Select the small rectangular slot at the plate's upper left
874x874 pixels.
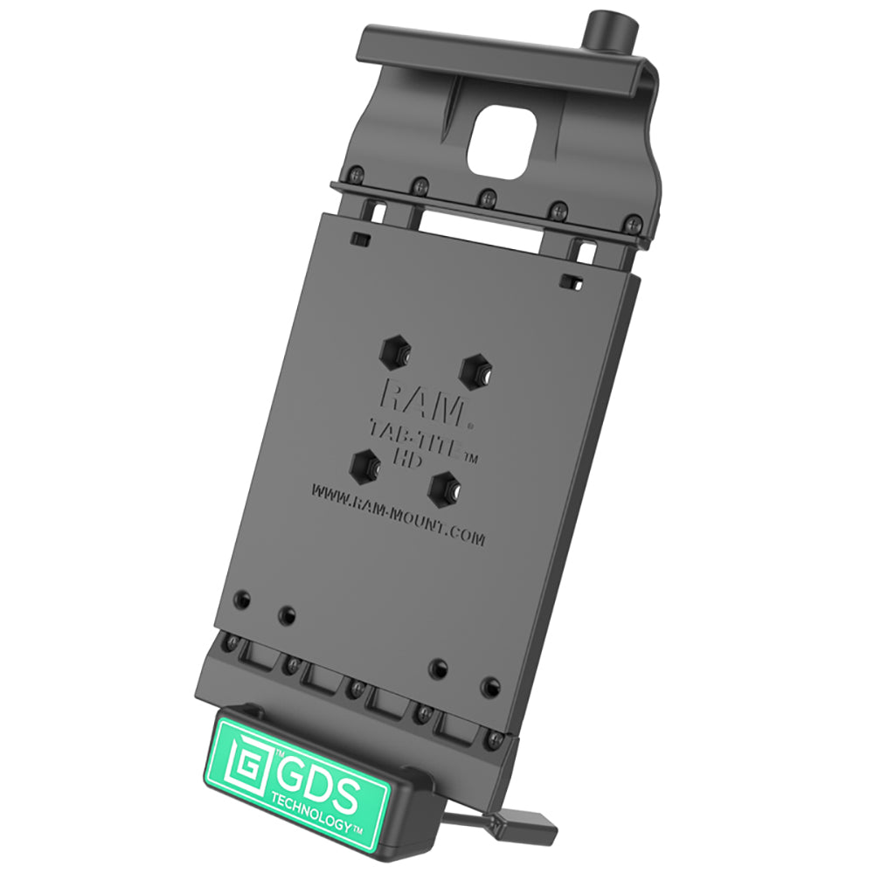(x=358, y=239)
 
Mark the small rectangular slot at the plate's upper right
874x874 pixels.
(x=572, y=281)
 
